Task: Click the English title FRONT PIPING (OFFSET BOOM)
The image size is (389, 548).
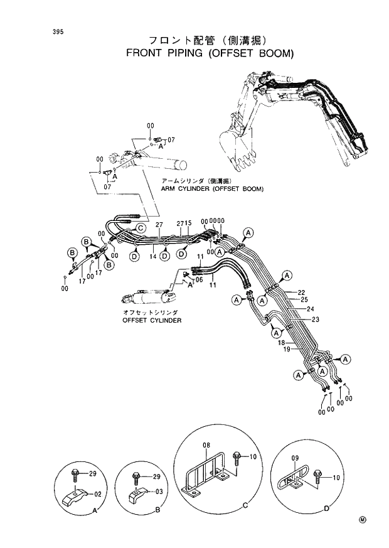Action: (x=210, y=53)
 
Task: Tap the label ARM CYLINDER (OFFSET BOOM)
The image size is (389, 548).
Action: (x=212, y=188)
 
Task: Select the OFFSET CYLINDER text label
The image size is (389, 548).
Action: (x=152, y=320)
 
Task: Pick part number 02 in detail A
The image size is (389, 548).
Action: (x=97, y=495)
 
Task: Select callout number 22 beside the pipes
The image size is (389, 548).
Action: (x=301, y=293)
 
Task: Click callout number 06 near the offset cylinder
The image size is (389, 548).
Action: (x=199, y=281)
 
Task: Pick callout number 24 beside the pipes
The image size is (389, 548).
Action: (x=309, y=309)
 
